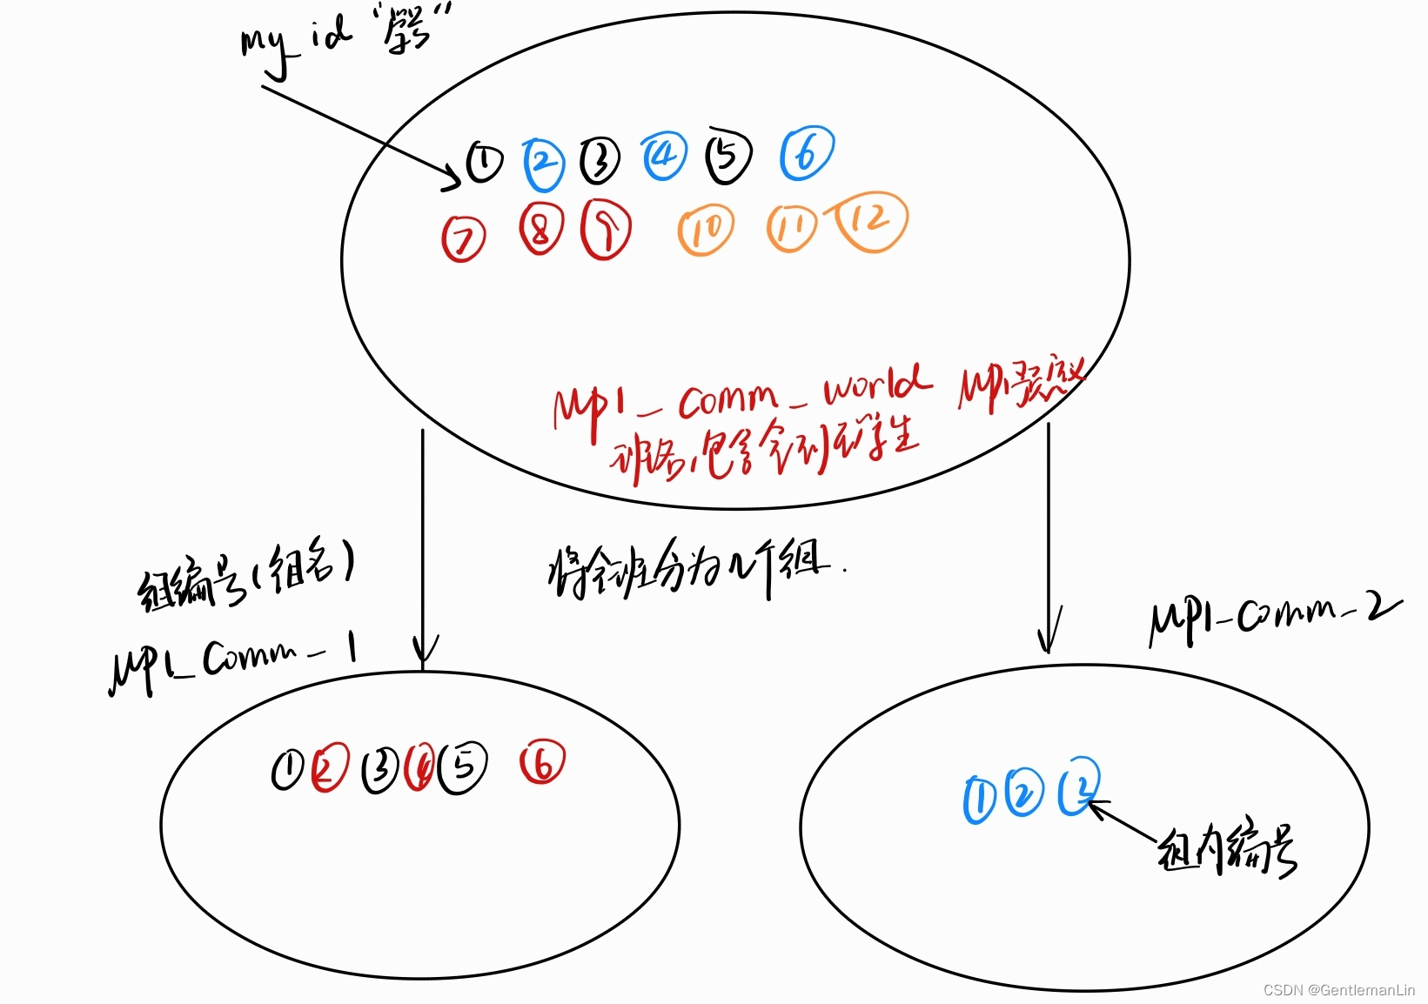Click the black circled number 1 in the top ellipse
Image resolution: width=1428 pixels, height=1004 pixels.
484,162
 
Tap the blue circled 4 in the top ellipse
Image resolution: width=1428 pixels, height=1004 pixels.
664,157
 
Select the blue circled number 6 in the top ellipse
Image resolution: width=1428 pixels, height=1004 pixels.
807,154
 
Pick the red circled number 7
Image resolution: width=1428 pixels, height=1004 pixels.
464,238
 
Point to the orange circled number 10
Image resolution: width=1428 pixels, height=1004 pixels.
705,231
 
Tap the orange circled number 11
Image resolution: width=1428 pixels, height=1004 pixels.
791,228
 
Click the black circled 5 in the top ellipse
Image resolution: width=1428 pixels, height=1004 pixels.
728,157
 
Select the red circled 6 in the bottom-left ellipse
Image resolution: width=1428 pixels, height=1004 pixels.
542,763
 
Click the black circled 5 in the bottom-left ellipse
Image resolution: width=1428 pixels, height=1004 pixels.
464,767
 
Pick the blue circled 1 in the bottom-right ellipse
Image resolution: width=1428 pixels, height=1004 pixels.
979,799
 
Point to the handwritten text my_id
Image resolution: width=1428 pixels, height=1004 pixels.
295,44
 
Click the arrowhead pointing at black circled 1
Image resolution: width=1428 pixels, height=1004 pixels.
452,177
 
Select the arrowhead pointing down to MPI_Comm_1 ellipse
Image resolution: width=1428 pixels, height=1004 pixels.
424,653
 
